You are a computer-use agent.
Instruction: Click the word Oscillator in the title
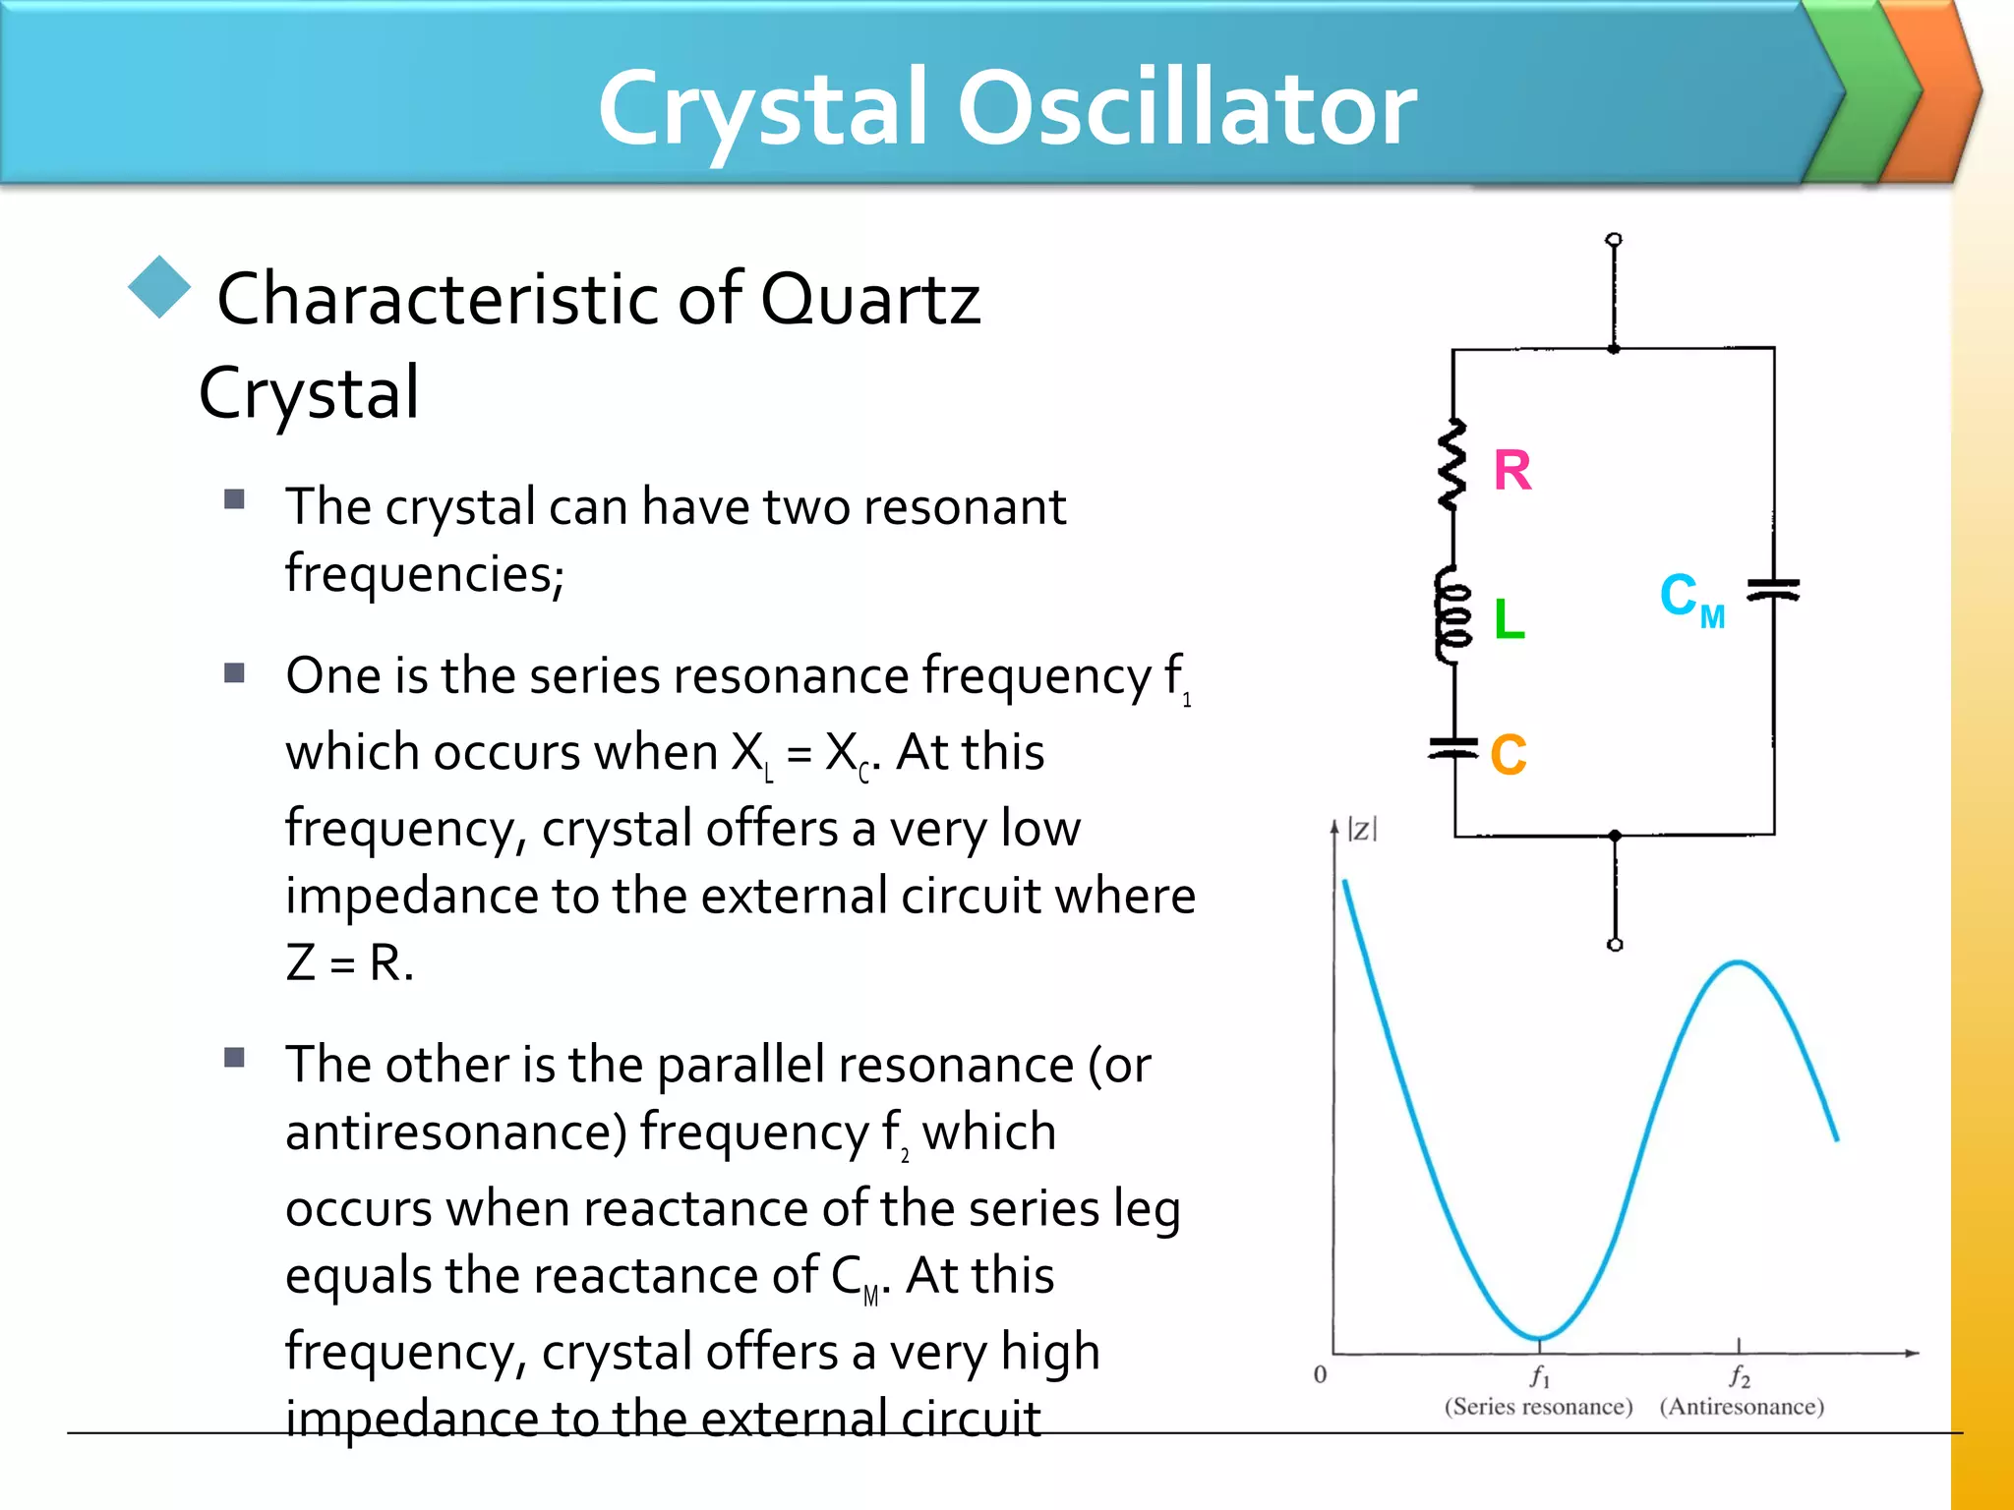tap(1187, 108)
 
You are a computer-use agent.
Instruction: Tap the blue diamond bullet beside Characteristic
tap(159, 287)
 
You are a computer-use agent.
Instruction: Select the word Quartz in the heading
tap(870, 299)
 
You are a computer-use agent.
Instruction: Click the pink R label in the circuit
tap(1511, 470)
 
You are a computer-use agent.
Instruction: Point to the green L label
tap(1509, 619)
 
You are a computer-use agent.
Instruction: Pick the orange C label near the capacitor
tap(1508, 755)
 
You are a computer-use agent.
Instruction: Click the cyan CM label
tap(1690, 599)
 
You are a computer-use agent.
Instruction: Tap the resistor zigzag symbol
tap(1452, 465)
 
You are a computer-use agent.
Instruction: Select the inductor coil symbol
tap(1451, 615)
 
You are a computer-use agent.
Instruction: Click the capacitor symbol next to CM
tap(1773, 589)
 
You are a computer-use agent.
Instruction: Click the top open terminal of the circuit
tap(1614, 240)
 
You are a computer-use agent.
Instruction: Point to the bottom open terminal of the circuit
tap(1615, 944)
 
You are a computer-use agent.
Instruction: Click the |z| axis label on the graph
tap(1362, 829)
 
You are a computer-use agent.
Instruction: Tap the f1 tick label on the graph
tap(1539, 1375)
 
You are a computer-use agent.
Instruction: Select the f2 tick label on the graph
tap(1740, 1375)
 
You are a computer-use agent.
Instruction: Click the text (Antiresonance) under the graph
tap(1742, 1407)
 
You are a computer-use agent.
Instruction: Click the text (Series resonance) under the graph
tap(1538, 1407)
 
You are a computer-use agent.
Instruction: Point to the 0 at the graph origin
tap(1320, 1374)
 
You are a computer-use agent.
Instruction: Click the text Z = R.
tap(349, 962)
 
